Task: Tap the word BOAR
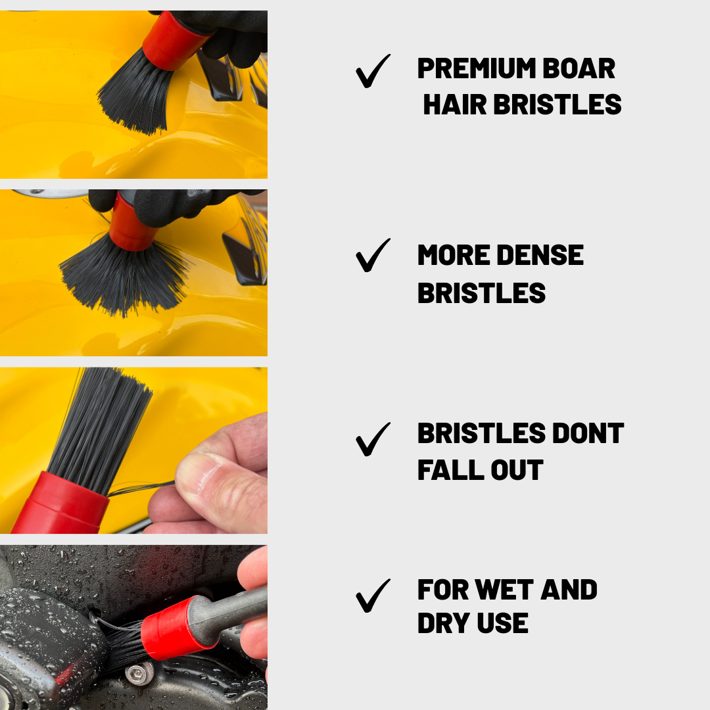point(579,68)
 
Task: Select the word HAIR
point(455,105)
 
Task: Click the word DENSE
point(540,255)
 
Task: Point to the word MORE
point(454,255)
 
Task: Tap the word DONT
point(588,433)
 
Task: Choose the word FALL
point(450,470)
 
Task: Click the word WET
point(504,590)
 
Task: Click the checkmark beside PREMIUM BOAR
point(373,71)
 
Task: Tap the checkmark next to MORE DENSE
point(373,255)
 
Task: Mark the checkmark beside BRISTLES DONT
point(373,439)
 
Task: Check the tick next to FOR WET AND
point(373,596)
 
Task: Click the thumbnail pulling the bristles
point(197,471)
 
